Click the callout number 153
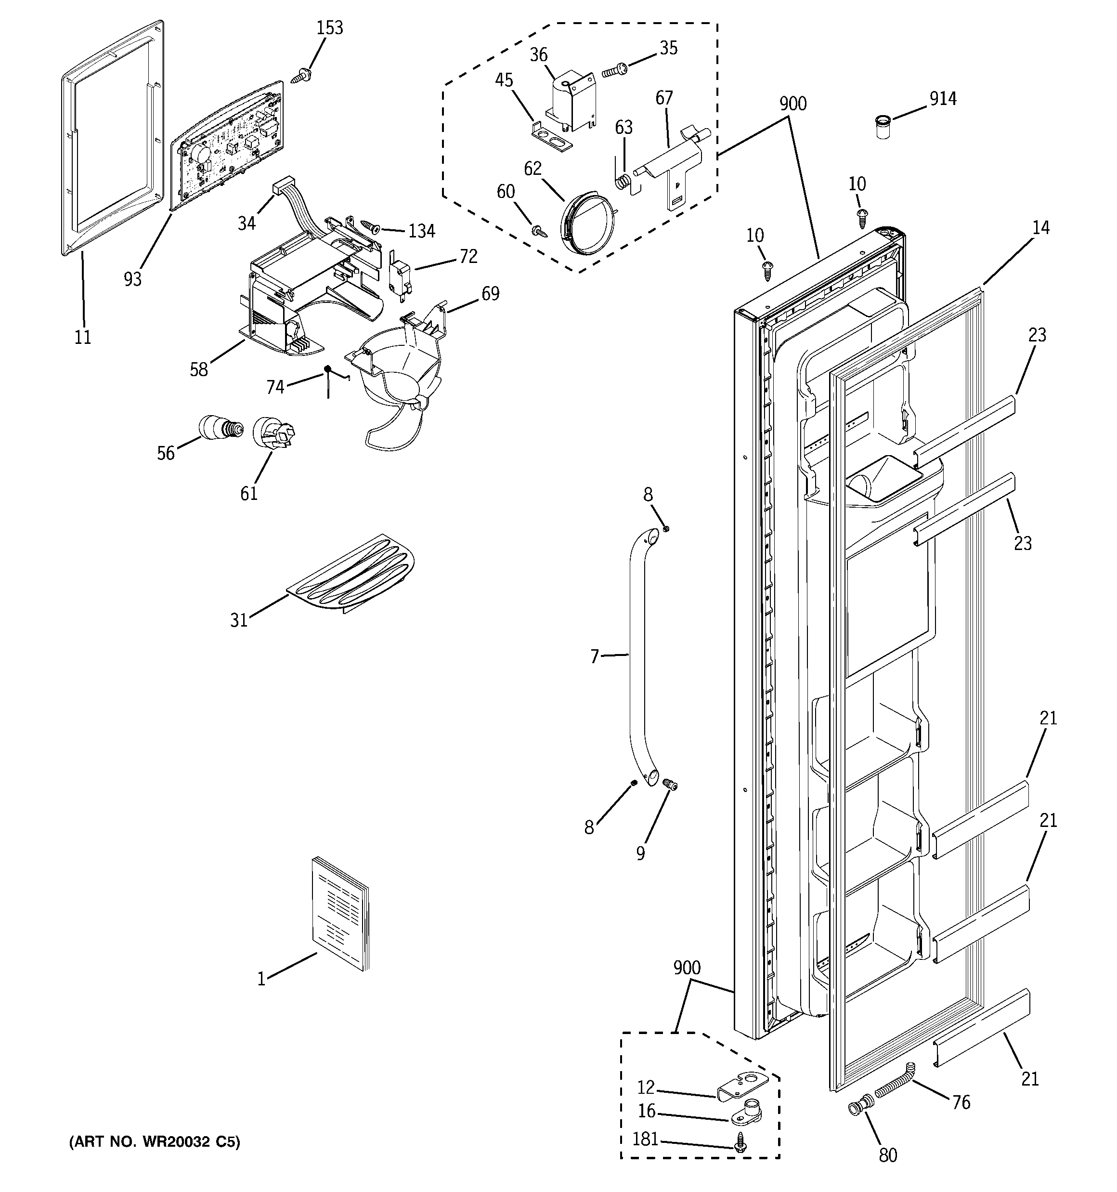[x=330, y=27]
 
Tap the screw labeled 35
[x=614, y=71]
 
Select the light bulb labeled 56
[x=220, y=427]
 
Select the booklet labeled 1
[x=340, y=913]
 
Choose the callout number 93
[x=132, y=279]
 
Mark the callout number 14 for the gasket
[x=1041, y=228]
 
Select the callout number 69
[x=491, y=294]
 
